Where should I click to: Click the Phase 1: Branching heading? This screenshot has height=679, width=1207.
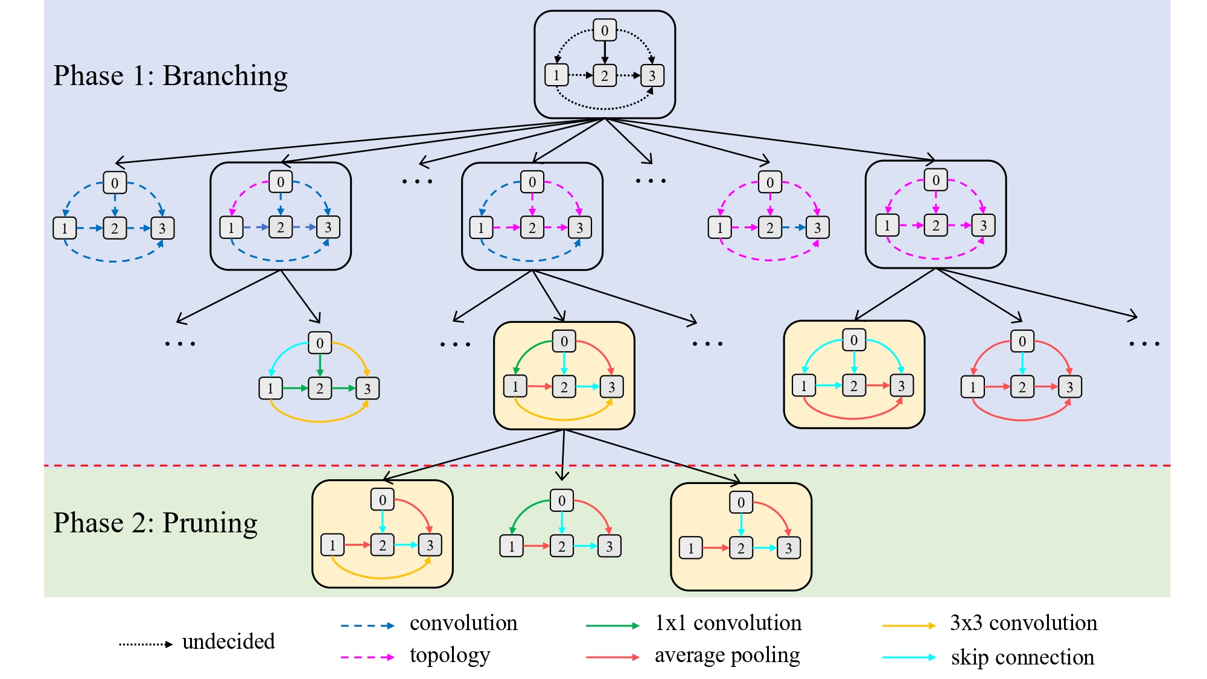(x=170, y=76)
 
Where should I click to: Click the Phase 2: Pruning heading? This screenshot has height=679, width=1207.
(x=155, y=523)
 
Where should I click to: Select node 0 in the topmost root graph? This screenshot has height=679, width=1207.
(x=604, y=30)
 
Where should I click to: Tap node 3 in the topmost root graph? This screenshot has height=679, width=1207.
(x=652, y=75)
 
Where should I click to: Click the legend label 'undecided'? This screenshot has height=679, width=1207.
(x=228, y=642)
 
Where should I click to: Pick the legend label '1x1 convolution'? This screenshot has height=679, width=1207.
(x=728, y=623)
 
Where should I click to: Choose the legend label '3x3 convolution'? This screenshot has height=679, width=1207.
(x=1024, y=623)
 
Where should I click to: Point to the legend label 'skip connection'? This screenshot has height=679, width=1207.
(x=1022, y=657)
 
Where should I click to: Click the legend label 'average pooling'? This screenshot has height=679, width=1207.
(x=727, y=655)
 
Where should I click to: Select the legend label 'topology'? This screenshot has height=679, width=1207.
(x=450, y=655)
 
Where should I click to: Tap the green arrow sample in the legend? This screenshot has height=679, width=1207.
(x=612, y=626)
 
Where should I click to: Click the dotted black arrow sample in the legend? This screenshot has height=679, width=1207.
(x=145, y=645)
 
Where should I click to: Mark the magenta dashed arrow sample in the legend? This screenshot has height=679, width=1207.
(x=367, y=657)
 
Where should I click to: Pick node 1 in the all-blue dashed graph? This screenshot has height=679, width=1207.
(x=65, y=228)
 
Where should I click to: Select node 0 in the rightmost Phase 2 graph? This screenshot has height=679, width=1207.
(x=740, y=502)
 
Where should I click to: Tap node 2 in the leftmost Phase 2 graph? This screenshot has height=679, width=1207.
(x=382, y=545)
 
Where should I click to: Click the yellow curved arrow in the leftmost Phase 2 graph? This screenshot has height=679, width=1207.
(x=380, y=576)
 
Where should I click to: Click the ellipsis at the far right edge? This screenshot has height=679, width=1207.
(x=1144, y=344)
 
